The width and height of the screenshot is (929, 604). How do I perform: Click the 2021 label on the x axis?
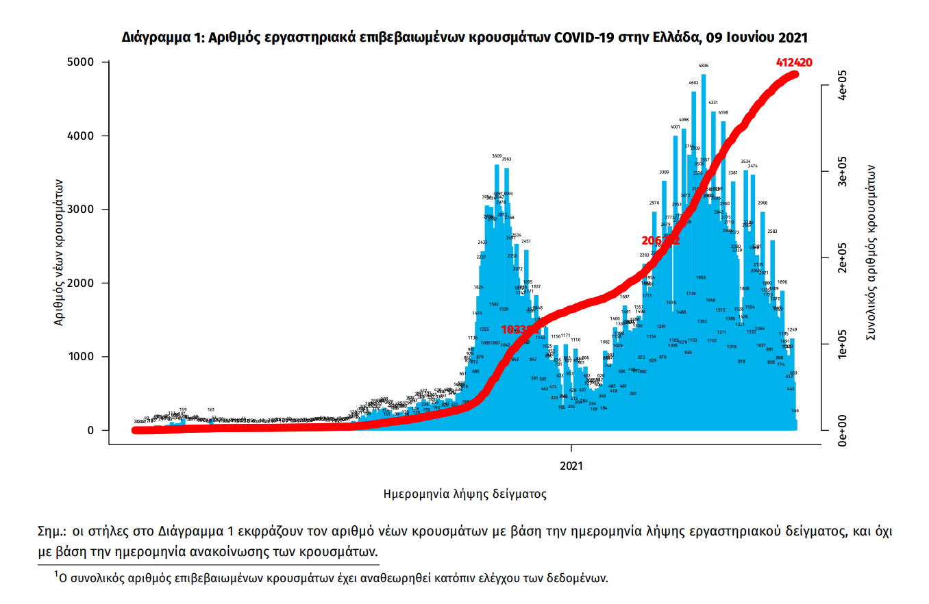(x=571, y=466)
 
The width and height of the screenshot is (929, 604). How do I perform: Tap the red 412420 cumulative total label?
(x=794, y=62)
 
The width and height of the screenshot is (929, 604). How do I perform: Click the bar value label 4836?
(x=704, y=66)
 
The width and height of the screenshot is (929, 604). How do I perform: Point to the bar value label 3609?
(x=497, y=156)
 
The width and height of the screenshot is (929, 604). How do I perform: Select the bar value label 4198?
(x=723, y=112)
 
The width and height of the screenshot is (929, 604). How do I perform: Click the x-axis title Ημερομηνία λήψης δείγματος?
(x=464, y=493)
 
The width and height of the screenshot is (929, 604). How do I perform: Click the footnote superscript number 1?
(x=57, y=574)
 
